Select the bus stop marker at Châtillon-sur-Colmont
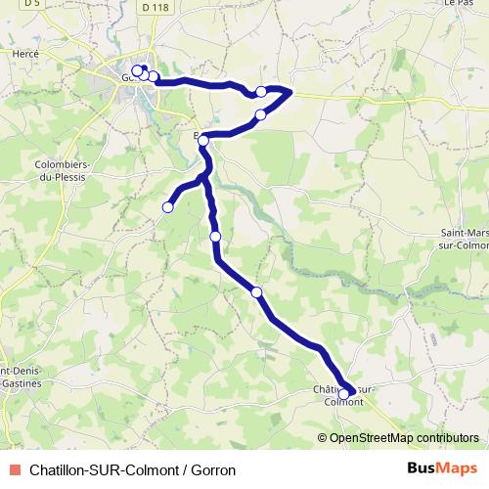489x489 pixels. click(x=343, y=393)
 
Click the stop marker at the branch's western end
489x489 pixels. click(x=167, y=206)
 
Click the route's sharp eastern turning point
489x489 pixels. click(x=291, y=91)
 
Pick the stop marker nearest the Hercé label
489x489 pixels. click(x=137, y=70)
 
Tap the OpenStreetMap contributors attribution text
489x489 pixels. click(x=403, y=437)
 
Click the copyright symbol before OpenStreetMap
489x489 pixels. click(x=323, y=437)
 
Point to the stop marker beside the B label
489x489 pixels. click(x=203, y=141)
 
